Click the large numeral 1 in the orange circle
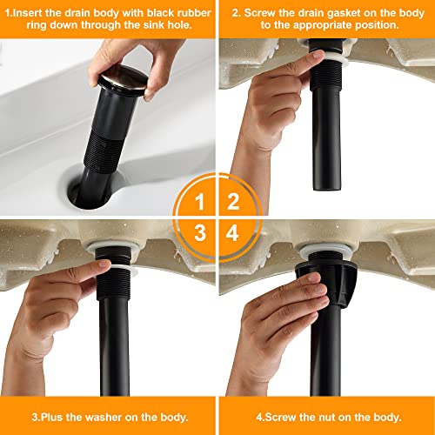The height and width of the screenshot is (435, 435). point(199,202)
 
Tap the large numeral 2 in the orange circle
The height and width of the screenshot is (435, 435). point(233,201)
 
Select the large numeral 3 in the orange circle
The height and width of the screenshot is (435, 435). point(200,232)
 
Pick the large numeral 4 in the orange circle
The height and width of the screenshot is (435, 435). point(232,232)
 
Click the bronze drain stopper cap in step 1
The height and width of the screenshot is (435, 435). point(123,80)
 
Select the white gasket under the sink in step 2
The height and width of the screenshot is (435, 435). point(332,59)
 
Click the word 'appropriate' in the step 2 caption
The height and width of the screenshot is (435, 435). point(323,25)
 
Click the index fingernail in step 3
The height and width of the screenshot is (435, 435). point(104,264)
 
